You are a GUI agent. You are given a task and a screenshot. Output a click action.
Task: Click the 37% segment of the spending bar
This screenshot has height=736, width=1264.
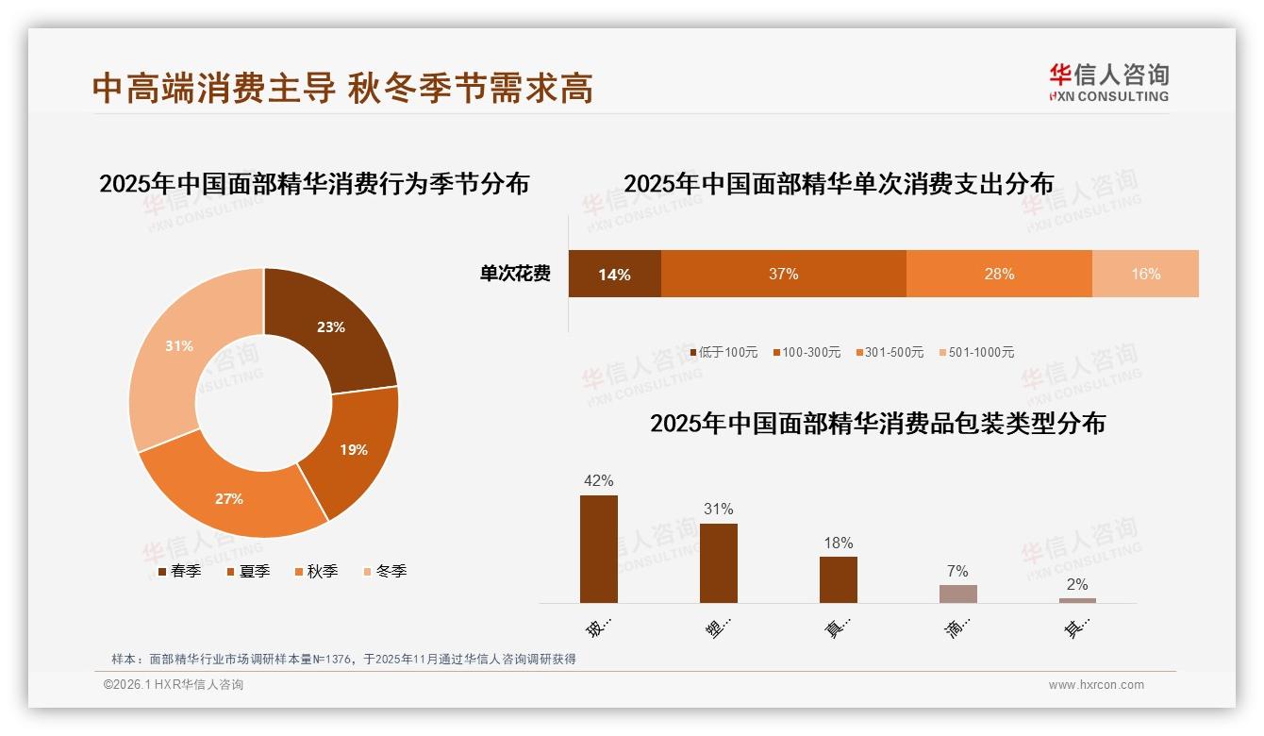click(x=783, y=274)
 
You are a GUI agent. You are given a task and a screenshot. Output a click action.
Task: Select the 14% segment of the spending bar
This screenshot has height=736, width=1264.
click(x=614, y=275)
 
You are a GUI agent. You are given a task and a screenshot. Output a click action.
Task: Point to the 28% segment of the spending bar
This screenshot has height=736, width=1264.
click(x=999, y=274)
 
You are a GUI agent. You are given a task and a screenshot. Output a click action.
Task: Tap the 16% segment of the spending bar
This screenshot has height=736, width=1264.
click(x=1145, y=274)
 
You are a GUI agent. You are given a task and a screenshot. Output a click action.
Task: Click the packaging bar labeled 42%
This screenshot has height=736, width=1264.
click(x=599, y=549)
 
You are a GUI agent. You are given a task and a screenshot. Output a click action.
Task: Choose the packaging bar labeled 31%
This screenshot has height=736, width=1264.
click(x=719, y=563)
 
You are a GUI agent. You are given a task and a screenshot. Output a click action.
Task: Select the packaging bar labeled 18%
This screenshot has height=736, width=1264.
click(x=838, y=579)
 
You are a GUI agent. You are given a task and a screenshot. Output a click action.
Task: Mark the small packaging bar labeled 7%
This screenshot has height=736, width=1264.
click(x=957, y=594)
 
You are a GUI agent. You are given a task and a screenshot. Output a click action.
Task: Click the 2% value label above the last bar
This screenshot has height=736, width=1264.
click(x=1077, y=584)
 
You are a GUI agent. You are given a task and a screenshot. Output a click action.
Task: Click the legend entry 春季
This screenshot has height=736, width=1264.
click(x=179, y=571)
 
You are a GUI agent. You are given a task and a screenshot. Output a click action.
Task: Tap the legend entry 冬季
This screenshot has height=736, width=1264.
click(x=385, y=571)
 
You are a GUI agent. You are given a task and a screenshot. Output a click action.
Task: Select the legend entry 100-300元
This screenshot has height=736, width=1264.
click(x=807, y=352)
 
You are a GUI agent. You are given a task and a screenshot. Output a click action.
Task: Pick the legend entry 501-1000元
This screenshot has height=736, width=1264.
click(x=977, y=352)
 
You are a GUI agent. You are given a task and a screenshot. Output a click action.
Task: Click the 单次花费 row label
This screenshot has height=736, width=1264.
click(x=515, y=274)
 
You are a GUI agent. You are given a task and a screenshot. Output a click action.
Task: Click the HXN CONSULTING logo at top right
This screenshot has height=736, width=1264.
click(x=1108, y=83)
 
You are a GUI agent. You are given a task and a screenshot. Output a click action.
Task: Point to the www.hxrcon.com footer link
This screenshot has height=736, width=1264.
click(x=1096, y=685)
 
